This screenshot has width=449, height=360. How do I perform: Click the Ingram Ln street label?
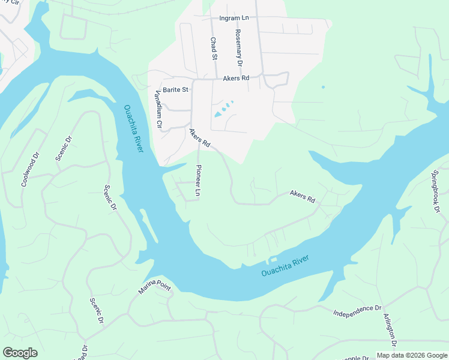pos(234,18)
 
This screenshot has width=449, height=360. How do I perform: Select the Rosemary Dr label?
pos(238,48)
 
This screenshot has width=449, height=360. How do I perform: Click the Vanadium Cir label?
pos(159,109)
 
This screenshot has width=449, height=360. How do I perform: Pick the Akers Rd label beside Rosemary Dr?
pos(236,79)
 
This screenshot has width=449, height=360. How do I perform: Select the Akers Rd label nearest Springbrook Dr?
pos(303,196)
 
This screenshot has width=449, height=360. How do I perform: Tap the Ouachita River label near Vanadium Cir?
pos(133,128)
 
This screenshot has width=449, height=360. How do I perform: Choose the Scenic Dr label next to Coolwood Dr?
pos(63,148)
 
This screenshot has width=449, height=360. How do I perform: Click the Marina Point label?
pos(155,287)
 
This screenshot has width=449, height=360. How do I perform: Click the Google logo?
pos(20,353)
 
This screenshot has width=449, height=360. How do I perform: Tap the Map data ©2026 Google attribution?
pos(411,355)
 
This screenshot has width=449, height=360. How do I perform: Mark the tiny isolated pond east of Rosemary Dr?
pos(323,87)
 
